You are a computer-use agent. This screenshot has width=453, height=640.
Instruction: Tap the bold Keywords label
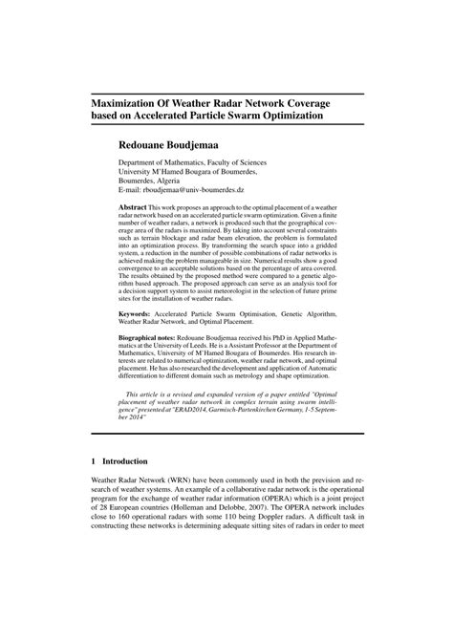(136, 313)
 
